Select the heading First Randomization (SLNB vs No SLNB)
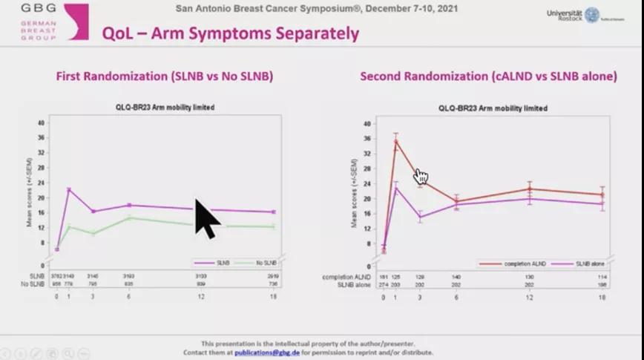coord(164,76)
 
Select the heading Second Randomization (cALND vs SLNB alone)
coord(488,76)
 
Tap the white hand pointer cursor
coord(421,176)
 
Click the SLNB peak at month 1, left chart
coord(69,189)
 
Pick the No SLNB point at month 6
coord(128,217)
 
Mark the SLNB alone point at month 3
coord(420,217)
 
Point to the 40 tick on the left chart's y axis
coord(42,123)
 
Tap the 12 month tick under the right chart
coord(529,297)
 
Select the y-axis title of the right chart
coord(357,192)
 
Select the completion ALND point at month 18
coord(602,194)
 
